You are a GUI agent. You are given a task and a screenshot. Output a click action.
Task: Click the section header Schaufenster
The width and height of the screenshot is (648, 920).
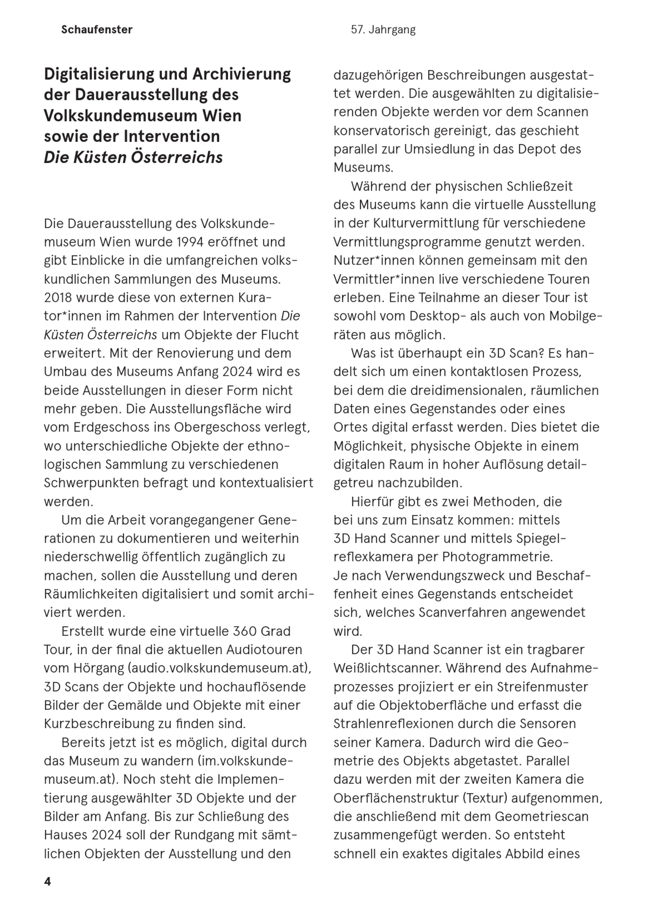click(x=97, y=30)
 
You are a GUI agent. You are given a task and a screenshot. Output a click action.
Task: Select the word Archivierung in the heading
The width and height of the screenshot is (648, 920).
click(x=241, y=75)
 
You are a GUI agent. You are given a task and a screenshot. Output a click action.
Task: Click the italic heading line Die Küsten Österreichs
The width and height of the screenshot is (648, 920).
click(x=133, y=157)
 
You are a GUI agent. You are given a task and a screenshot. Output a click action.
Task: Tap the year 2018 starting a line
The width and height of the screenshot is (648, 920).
click(x=58, y=298)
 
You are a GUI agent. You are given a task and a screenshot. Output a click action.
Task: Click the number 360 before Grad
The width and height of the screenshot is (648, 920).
click(x=245, y=631)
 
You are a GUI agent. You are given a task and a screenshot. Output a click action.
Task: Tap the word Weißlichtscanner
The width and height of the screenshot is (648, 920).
click(x=388, y=668)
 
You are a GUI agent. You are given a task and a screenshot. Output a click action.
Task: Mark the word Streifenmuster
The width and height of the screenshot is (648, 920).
click(x=543, y=687)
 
